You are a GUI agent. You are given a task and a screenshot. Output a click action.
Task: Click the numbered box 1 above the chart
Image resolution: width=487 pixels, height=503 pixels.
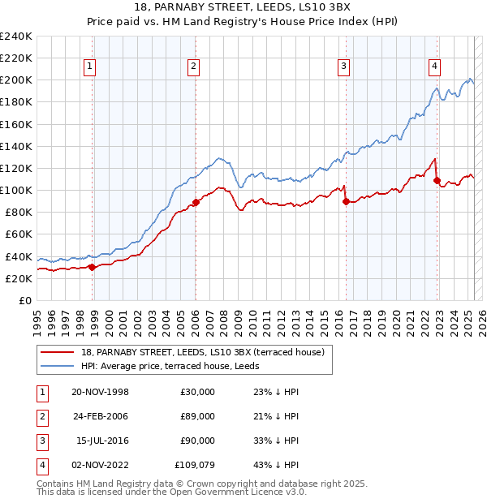[x=88, y=67]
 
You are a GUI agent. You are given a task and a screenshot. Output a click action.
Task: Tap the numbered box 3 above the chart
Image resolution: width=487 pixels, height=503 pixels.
[x=343, y=67]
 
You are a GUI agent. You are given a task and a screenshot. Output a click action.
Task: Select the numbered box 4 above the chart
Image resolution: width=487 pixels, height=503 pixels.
[x=435, y=67]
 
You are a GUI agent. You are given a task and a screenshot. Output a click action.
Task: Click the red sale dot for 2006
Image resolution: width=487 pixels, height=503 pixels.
[x=196, y=202]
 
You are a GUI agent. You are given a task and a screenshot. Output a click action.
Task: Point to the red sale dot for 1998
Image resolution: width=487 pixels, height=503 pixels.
[x=92, y=267]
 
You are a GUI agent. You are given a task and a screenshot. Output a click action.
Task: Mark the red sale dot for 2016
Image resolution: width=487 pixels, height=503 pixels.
[x=346, y=201]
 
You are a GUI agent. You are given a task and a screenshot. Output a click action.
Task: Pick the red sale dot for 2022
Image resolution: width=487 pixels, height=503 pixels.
[x=437, y=180]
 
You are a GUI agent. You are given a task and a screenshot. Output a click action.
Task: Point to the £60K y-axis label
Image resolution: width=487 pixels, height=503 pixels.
[x=19, y=234]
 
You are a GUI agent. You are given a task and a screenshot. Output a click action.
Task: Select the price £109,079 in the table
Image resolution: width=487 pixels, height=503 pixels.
[x=196, y=465]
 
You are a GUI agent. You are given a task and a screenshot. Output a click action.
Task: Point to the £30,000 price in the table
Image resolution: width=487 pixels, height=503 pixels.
[x=198, y=393]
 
